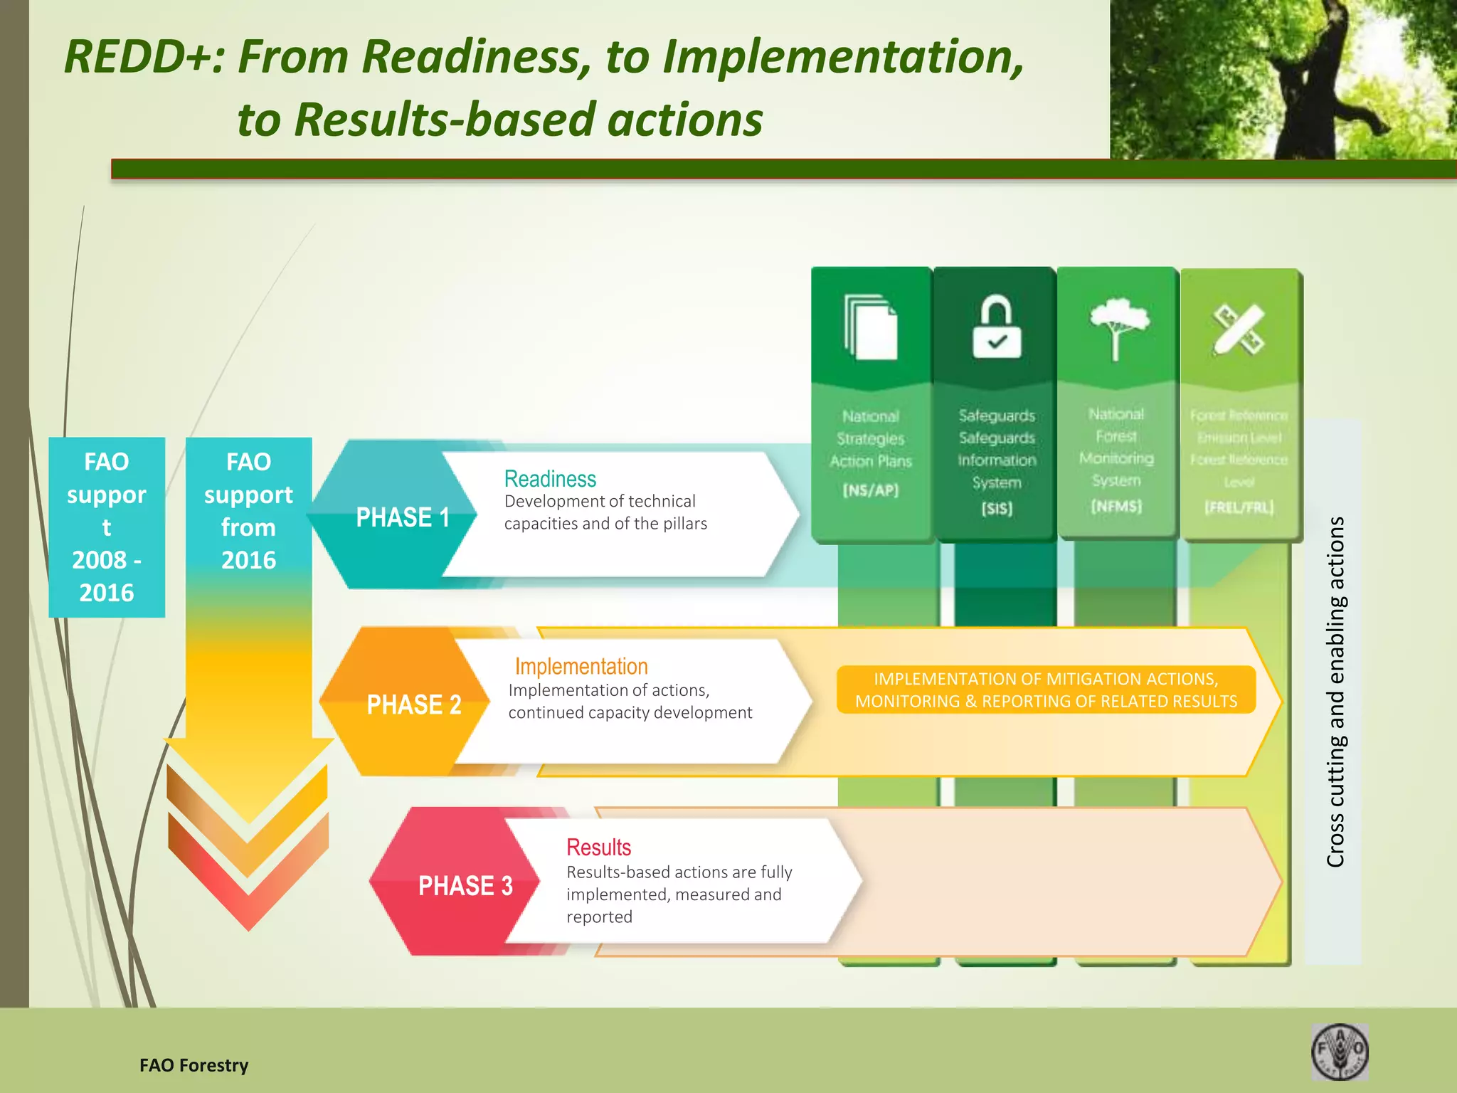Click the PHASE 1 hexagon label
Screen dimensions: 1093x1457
(402, 517)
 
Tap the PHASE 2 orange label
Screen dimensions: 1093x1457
(413, 704)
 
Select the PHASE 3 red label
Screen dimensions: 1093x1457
(465, 885)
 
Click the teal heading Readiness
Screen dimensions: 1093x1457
(550, 479)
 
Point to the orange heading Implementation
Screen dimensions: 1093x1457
(581, 666)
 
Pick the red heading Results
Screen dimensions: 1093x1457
(598, 847)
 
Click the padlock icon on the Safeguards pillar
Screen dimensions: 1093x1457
(997, 328)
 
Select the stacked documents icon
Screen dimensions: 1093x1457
(871, 327)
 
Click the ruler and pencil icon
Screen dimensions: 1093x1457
(1239, 329)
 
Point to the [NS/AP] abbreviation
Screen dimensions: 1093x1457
(871, 490)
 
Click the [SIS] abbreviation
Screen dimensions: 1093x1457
(997, 508)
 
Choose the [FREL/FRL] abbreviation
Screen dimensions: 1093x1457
(1239, 507)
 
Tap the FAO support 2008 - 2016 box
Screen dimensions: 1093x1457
(107, 527)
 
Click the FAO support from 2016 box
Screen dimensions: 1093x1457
(248, 511)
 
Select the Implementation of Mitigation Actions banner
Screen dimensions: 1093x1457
(1046, 690)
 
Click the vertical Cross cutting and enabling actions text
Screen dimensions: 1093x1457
(1335, 692)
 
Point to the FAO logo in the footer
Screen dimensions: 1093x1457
(1339, 1052)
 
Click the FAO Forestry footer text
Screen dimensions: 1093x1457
(194, 1065)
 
